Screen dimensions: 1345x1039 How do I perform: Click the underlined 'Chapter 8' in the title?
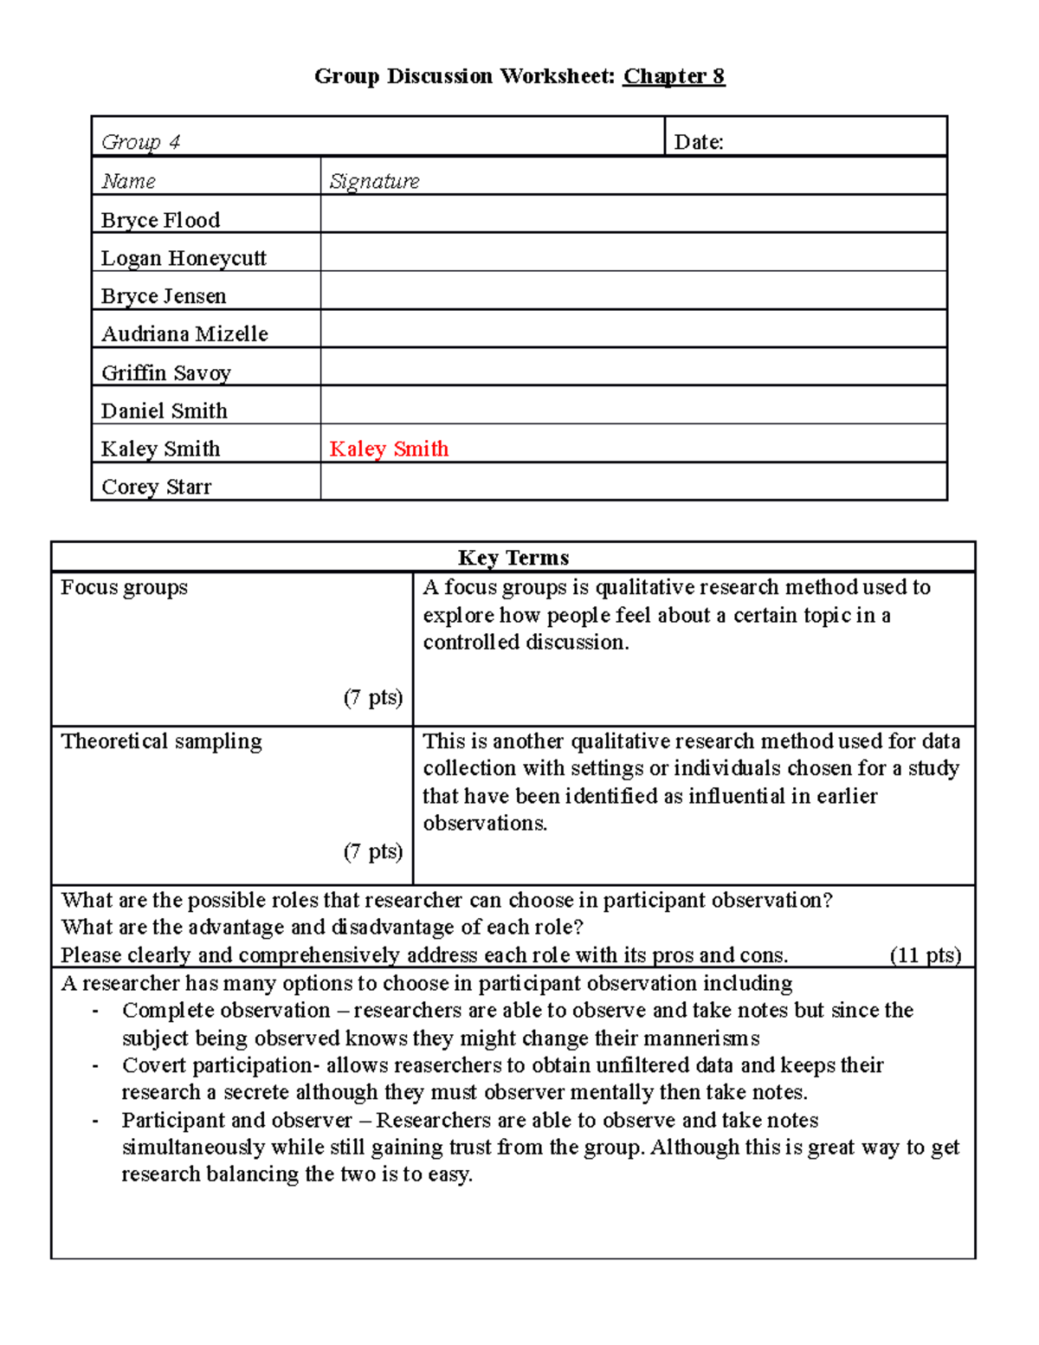pos(674,76)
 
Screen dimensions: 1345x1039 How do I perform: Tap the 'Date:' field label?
pos(699,142)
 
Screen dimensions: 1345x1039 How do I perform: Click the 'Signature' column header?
pos(374,181)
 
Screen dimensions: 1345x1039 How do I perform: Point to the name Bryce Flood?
pos(160,220)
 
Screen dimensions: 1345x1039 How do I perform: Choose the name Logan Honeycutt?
pos(184,258)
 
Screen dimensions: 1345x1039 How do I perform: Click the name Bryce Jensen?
pos(164,296)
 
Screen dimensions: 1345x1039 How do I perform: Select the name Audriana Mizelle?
pos(184,334)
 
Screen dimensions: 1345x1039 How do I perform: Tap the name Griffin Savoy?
pos(166,372)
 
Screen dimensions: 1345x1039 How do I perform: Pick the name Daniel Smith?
pos(165,411)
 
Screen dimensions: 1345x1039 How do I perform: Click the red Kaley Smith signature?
pos(389,449)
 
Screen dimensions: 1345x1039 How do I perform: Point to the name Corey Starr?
pos(156,487)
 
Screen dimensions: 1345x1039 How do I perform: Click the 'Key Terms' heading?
pos(513,557)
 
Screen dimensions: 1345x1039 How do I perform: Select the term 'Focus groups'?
pos(124,587)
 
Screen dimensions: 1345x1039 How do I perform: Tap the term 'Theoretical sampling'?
pos(161,741)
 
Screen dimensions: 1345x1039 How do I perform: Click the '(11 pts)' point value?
pos(926,955)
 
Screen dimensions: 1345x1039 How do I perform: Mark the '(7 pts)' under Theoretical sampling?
pos(373,851)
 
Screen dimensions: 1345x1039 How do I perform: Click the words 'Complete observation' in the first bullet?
pos(226,1011)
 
